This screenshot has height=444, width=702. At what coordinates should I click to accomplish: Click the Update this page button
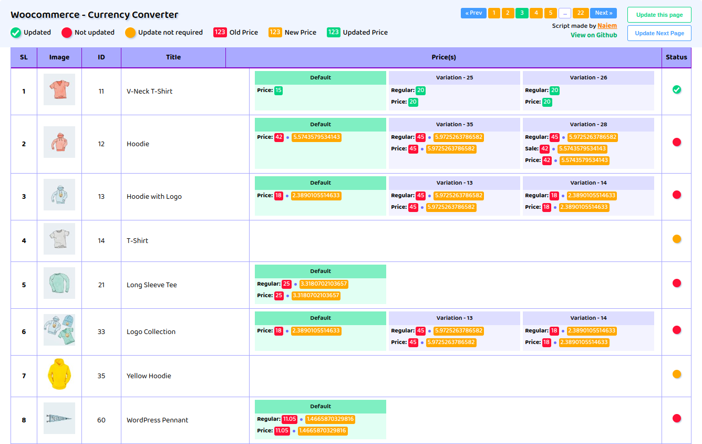click(659, 15)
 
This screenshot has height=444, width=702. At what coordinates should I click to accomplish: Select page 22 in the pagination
click(581, 13)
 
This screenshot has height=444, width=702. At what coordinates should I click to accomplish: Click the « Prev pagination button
click(473, 13)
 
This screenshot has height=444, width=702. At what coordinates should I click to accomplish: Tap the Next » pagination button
click(603, 13)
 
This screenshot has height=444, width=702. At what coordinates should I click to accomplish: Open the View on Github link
click(594, 35)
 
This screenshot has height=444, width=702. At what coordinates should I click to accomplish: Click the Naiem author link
click(607, 26)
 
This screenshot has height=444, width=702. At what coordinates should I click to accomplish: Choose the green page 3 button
click(522, 13)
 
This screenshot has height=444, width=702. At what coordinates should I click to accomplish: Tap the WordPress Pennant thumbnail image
click(59, 418)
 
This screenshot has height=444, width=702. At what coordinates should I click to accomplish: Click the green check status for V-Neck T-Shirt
click(677, 90)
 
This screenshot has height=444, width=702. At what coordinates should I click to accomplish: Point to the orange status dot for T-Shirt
click(677, 239)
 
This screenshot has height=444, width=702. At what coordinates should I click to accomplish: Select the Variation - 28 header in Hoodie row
click(588, 125)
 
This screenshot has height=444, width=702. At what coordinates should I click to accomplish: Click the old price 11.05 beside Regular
click(290, 419)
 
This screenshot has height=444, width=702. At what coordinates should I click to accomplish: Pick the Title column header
click(173, 57)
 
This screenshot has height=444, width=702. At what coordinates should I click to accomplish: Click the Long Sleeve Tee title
click(152, 285)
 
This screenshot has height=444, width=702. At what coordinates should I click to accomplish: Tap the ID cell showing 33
click(101, 332)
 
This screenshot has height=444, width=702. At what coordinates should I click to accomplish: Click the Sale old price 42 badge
click(545, 149)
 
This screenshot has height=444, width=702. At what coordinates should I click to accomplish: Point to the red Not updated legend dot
click(67, 33)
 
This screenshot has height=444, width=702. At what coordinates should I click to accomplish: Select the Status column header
click(676, 57)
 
